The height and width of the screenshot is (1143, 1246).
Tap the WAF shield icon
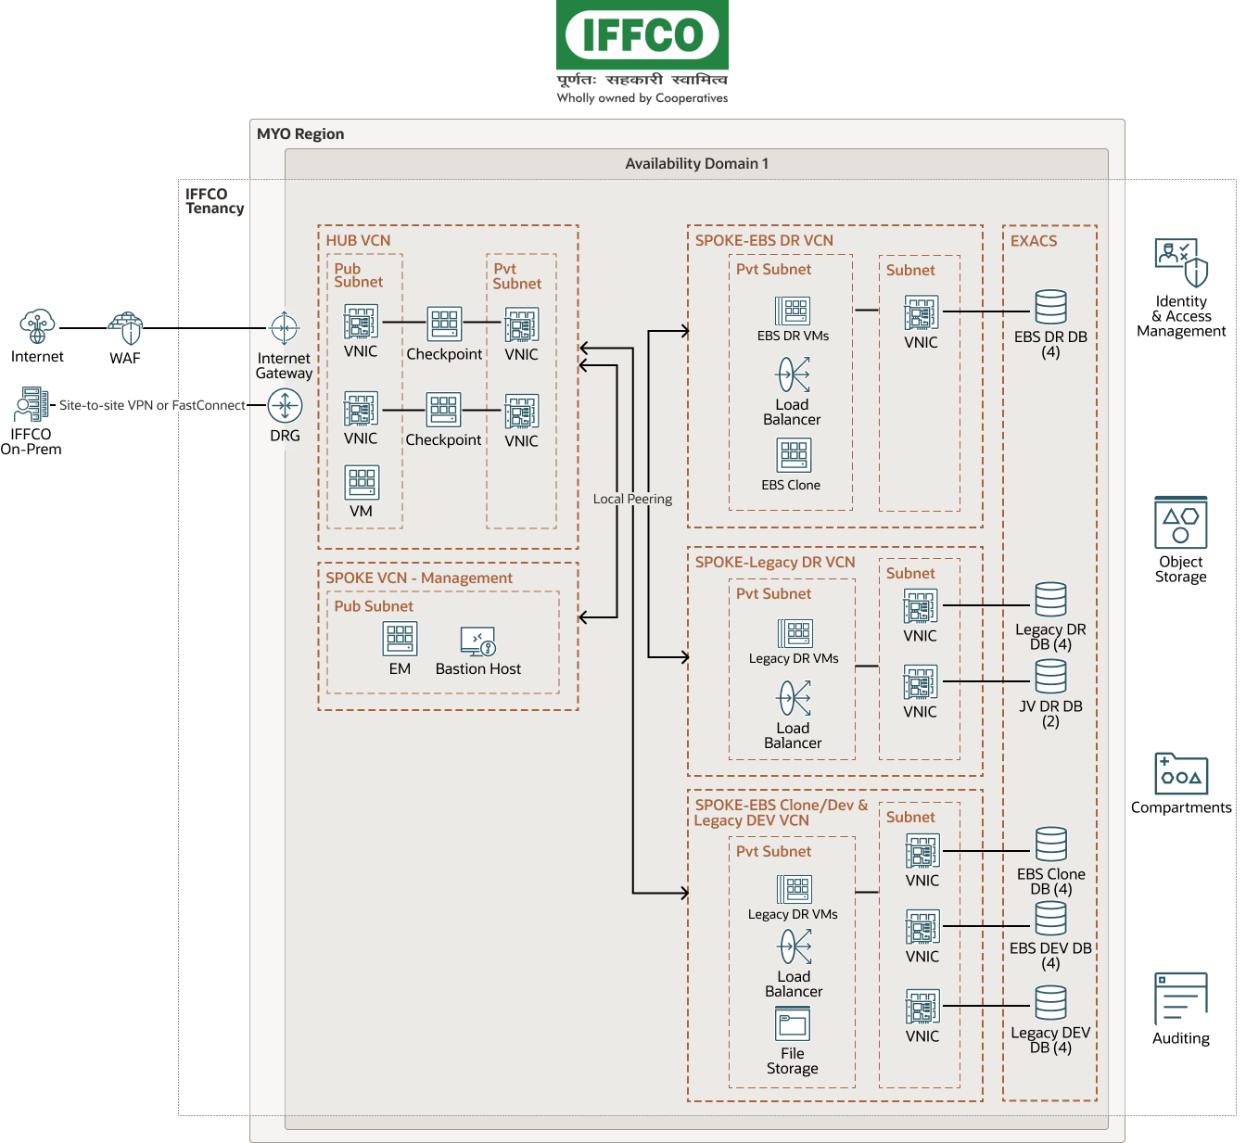(x=125, y=328)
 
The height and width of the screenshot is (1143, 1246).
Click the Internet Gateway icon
(x=284, y=328)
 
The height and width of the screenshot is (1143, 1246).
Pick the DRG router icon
(x=285, y=405)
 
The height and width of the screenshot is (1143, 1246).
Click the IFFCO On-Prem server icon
(x=31, y=405)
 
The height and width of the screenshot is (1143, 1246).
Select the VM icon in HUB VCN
(x=362, y=482)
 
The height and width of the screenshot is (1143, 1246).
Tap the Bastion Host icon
(x=478, y=641)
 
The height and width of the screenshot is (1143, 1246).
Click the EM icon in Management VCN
(x=400, y=639)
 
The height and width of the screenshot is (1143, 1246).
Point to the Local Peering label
(x=632, y=499)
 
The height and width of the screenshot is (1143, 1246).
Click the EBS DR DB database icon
(x=1050, y=308)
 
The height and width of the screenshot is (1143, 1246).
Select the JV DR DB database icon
(x=1050, y=677)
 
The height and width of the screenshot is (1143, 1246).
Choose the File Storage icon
(x=793, y=1024)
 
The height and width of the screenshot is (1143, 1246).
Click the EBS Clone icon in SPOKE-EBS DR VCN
(x=793, y=455)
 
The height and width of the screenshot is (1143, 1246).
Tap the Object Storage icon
(x=1180, y=523)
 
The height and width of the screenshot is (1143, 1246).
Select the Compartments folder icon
(x=1181, y=774)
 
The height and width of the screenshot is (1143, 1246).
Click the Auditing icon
(x=1180, y=997)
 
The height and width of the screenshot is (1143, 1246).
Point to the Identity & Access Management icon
(x=1181, y=263)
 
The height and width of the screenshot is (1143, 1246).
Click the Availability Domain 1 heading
(x=696, y=164)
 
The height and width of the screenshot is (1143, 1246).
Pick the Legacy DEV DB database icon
(x=1050, y=1003)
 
